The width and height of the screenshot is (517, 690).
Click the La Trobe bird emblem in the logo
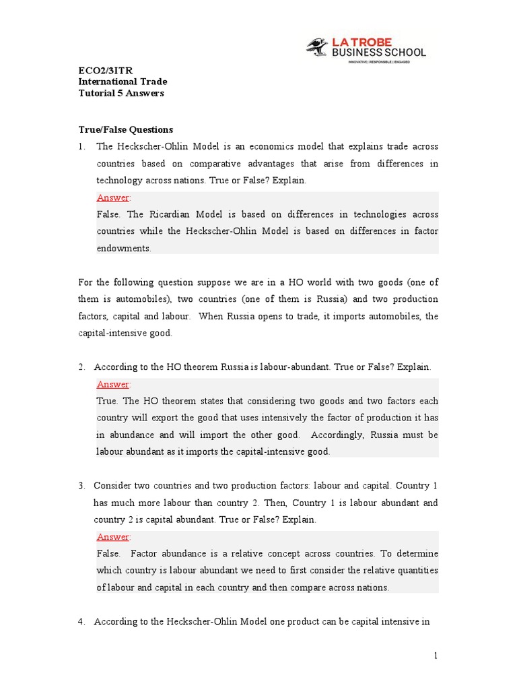tap(317, 47)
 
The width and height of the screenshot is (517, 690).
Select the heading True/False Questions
tap(126, 129)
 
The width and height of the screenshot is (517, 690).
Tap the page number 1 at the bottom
tap(436, 655)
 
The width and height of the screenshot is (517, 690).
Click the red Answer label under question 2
tap(113, 384)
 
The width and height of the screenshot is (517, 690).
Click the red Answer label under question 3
tap(113, 536)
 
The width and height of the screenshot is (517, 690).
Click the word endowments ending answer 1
tap(124, 248)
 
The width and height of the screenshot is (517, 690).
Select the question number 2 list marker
tap(81, 367)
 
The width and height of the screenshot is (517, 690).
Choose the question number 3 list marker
tap(81, 486)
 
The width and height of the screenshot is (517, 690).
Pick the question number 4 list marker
tap(81, 621)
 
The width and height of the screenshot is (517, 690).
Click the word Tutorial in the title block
tap(97, 93)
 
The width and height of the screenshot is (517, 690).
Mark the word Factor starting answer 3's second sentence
tap(143, 553)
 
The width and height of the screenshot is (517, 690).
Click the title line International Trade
tap(123, 82)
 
